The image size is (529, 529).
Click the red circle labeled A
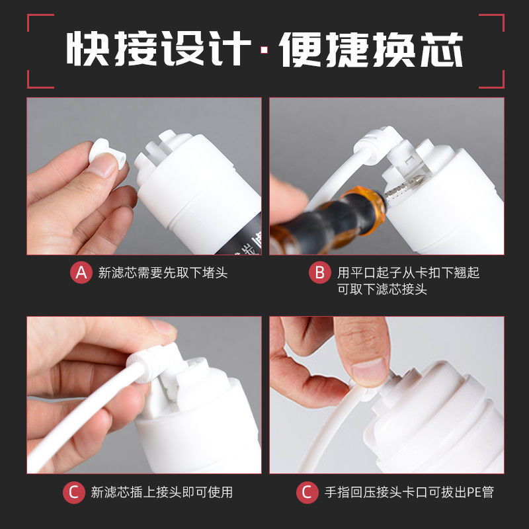[x=81, y=272]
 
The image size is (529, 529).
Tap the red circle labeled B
[x=320, y=272]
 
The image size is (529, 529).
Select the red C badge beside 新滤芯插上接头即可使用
[x=73, y=492]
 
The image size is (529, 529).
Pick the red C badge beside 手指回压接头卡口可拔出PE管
[x=307, y=492]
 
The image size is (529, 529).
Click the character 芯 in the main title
[x=441, y=50]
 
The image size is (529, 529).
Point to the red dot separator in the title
[x=264, y=50]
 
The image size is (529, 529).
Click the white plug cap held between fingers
[x=106, y=153]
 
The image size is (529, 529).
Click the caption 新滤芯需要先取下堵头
[x=163, y=272]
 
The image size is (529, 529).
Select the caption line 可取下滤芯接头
[x=382, y=289]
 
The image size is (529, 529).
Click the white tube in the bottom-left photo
[x=85, y=416]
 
